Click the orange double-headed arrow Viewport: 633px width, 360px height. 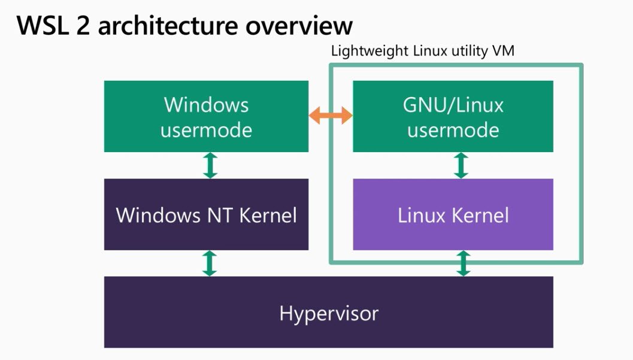click(331, 116)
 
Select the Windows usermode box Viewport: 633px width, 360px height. click(206, 116)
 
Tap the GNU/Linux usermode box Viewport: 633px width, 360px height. click(453, 116)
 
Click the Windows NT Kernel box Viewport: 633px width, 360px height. click(206, 214)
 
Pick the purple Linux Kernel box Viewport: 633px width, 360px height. click(453, 214)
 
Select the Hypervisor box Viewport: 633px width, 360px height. click(329, 312)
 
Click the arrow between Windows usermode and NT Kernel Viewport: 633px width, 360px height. click(210, 165)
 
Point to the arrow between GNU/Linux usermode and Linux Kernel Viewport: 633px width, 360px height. click(461, 165)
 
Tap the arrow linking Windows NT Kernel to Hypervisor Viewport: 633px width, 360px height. click(210, 263)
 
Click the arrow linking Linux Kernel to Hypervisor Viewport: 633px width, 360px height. click(463, 263)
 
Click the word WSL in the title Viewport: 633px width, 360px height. click(42, 25)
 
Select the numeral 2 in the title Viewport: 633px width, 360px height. click(83, 25)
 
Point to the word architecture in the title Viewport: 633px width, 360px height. click(168, 25)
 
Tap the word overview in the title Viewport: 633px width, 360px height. click(299, 26)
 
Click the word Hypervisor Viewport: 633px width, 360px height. click(329, 314)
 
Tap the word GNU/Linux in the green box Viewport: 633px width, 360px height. click(453, 105)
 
